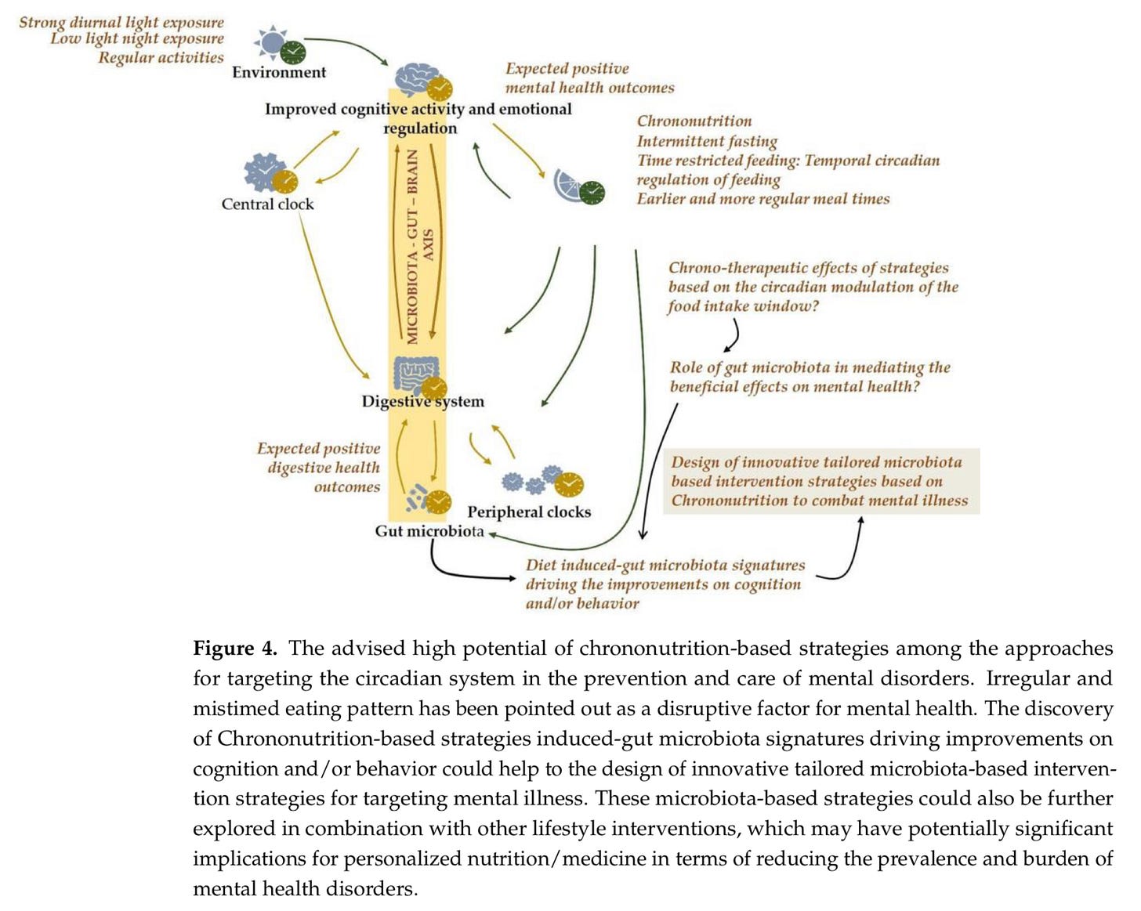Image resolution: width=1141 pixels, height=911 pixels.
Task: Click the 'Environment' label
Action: point(278,72)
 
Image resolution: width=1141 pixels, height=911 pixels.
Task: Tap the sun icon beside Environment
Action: point(271,42)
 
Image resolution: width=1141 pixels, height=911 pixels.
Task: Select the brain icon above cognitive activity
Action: point(417,78)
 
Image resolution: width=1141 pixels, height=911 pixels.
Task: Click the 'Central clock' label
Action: point(267,204)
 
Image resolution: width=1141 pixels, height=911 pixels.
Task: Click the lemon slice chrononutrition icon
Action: point(568,186)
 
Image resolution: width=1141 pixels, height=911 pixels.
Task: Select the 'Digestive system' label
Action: point(422,401)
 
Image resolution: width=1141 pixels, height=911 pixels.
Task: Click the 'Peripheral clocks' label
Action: point(529,512)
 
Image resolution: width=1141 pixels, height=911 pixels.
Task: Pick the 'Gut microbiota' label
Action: point(429,531)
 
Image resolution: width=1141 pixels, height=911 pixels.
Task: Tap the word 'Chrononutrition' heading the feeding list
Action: point(694,121)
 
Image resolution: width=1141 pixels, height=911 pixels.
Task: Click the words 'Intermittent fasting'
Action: point(706,141)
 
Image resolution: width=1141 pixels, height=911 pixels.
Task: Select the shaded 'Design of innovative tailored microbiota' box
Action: point(820,481)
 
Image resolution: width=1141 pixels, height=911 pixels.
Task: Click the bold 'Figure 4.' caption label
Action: point(234,648)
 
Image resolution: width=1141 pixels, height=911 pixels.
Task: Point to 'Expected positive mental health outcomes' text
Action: point(589,78)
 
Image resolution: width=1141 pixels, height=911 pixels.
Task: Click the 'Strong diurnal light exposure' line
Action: point(121,22)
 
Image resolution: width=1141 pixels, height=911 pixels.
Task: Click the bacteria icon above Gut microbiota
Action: point(416,497)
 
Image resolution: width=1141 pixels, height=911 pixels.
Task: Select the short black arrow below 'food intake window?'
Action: point(732,337)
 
